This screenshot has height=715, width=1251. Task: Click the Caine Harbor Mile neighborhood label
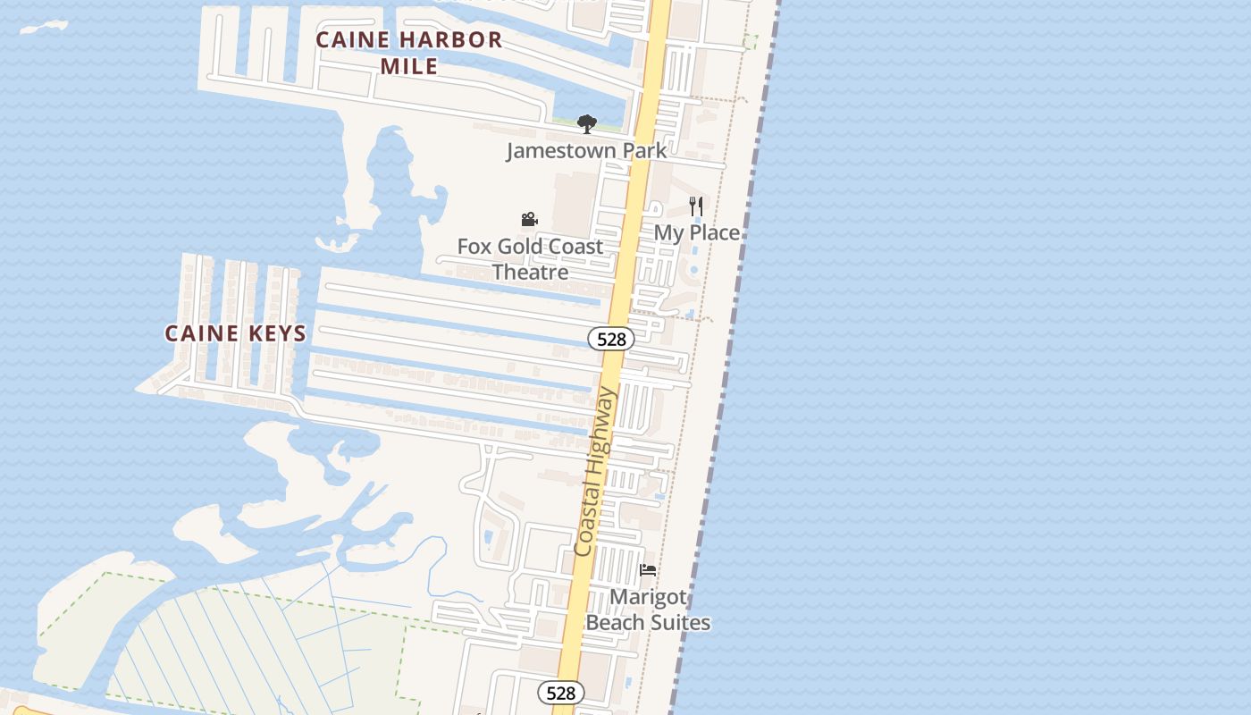pos(408,53)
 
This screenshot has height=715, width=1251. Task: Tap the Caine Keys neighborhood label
pos(235,333)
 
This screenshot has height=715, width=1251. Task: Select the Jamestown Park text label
pos(586,150)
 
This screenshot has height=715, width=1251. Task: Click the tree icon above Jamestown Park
pos(586,123)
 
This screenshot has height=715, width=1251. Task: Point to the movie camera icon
pos(529,219)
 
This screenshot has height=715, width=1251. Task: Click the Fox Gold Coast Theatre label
pos(530,259)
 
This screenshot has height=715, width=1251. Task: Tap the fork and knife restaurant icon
pos(696,206)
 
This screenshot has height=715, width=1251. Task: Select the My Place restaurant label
pos(697,232)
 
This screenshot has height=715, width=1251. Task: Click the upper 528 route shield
pos(611,339)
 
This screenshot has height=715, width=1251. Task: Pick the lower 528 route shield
pos(560,693)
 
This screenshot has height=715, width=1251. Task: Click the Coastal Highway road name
pos(595,471)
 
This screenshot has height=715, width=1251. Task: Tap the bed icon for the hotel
pos(648,569)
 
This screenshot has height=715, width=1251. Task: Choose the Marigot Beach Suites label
pos(648,610)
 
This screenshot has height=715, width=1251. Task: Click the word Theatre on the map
pos(530,272)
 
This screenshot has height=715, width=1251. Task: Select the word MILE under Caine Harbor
pos(408,66)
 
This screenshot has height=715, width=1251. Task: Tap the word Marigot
pos(648,597)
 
